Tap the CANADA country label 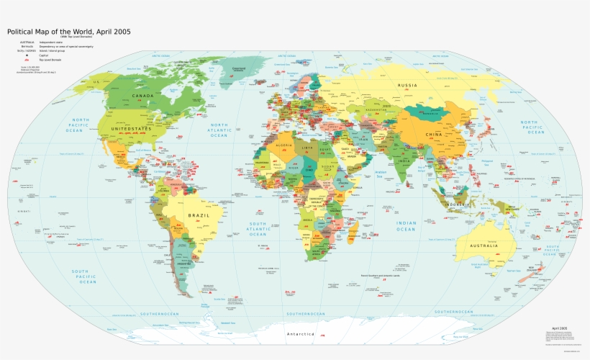[x=142, y=95]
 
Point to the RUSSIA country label [x=407, y=86]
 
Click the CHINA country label [x=434, y=135]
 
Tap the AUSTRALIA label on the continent [x=484, y=246]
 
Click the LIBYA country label [x=308, y=148]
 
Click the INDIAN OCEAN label [x=405, y=226]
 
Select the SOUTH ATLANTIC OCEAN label [x=257, y=228]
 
